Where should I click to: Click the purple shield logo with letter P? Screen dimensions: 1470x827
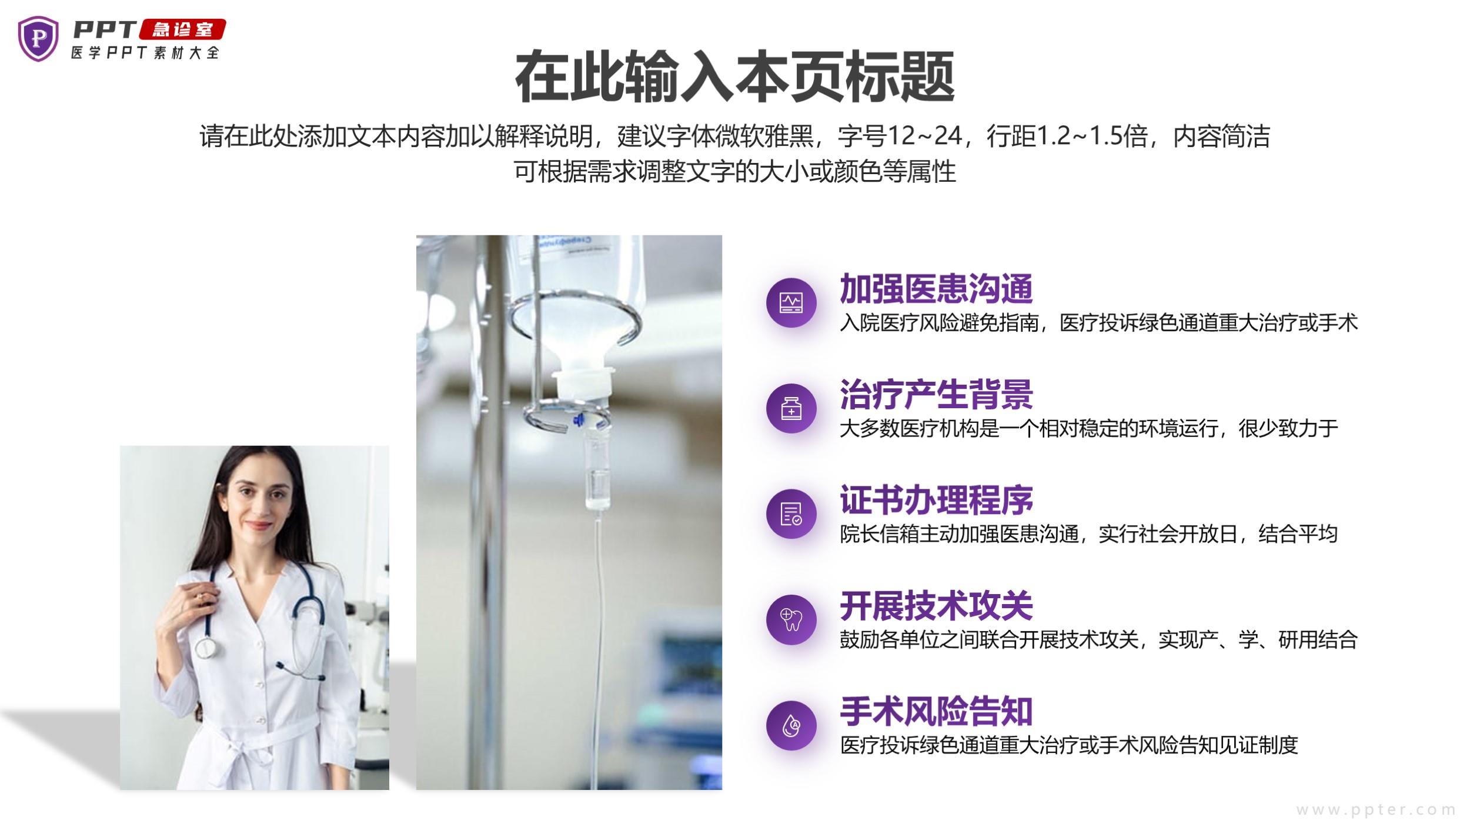click(38, 39)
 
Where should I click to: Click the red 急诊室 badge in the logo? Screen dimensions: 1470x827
click(182, 29)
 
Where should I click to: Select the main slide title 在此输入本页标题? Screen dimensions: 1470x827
click(734, 77)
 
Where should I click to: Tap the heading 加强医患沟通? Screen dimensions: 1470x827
click(936, 288)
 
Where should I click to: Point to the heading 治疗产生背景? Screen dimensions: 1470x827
click(936, 394)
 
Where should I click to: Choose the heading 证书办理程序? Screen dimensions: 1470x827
click(936, 500)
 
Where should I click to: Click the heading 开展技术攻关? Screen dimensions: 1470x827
click(936, 606)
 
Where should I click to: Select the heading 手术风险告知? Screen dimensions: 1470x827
click(936, 712)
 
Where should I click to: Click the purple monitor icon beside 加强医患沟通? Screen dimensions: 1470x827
click(791, 303)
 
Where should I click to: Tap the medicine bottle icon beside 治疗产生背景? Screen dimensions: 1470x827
click(791, 409)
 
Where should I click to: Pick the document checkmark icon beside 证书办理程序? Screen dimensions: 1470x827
click(791, 514)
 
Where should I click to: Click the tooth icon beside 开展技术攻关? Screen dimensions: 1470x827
click(791, 619)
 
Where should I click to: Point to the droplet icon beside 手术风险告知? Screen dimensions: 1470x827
click(791, 725)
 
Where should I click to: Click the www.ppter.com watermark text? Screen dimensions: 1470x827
click(1376, 810)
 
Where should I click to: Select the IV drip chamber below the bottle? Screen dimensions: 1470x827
click(597, 471)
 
